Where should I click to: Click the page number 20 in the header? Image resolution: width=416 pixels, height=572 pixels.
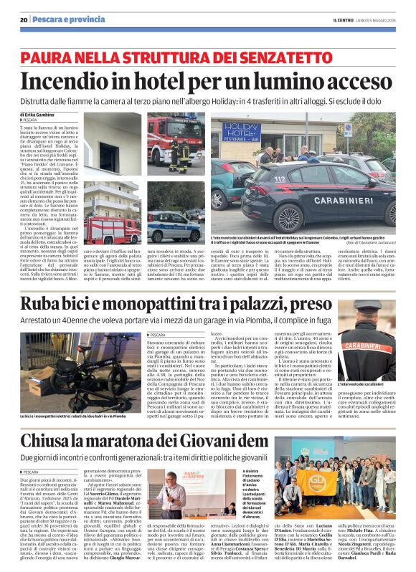[x=24, y=19]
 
